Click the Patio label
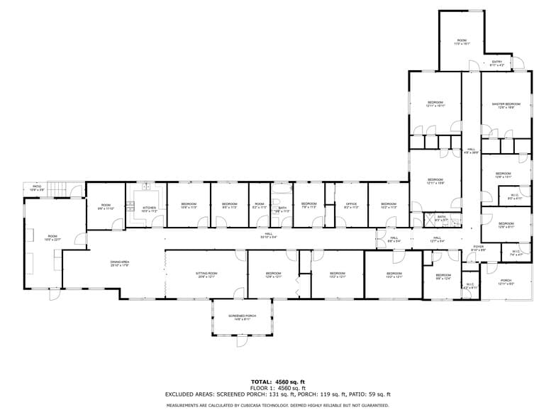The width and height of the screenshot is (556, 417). pyautogui.click(x=37, y=189)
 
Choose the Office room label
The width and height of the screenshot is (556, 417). pyautogui.click(x=351, y=206)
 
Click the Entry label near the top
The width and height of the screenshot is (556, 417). pyautogui.click(x=497, y=63)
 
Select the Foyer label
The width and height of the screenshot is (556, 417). pyautogui.click(x=479, y=248)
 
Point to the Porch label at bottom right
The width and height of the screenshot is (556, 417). pyautogui.click(x=506, y=282)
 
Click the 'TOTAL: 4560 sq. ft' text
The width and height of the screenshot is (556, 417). pyautogui.click(x=277, y=382)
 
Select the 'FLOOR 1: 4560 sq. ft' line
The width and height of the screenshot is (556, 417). pyautogui.click(x=277, y=388)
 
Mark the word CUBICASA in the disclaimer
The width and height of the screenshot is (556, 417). pyautogui.click(x=249, y=405)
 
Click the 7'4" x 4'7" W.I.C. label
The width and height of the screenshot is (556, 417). pyautogui.click(x=516, y=252)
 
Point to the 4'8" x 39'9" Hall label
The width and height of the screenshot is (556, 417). pyautogui.click(x=471, y=150)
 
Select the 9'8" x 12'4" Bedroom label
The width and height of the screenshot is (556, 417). pyautogui.click(x=443, y=276)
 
